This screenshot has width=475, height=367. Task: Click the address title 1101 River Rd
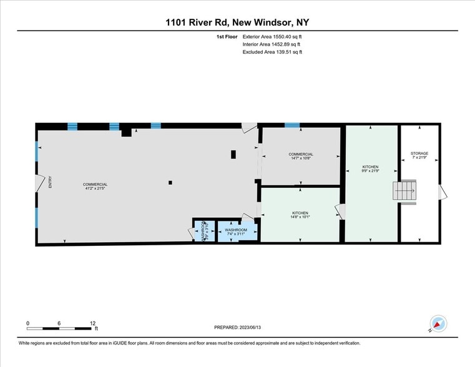coord(237,22)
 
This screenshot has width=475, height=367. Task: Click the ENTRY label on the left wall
coord(51,182)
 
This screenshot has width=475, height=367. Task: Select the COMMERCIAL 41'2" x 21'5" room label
coord(95,187)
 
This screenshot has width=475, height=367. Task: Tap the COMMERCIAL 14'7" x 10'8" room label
coord(301,156)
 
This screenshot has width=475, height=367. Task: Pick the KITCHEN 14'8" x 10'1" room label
coord(300,215)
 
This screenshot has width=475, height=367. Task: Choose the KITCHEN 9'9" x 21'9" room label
coord(371,169)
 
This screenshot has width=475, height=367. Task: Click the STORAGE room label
coord(419,155)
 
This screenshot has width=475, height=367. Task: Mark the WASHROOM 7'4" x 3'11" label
coord(237,232)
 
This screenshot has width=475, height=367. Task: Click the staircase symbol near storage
coord(404,191)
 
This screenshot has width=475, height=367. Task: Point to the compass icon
coord(439,324)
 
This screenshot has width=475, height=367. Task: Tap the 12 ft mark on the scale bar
coord(93,323)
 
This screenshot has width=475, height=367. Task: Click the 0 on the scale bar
coord(27,323)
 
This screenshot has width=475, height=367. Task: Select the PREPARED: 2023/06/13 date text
coord(237,327)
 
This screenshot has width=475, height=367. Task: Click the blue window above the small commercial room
coord(292,125)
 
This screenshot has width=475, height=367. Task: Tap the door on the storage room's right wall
coord(443,193)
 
